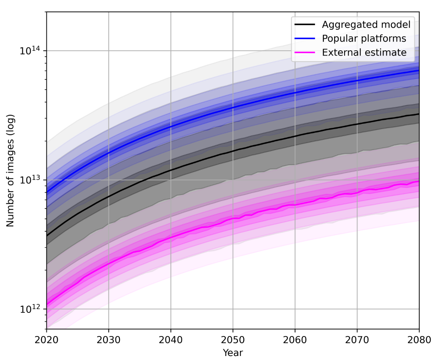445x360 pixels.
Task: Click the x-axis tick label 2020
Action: click(47, 340)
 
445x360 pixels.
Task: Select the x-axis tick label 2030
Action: click(109, 340)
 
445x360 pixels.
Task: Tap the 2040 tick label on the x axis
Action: click(171, 340)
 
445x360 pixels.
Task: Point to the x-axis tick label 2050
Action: click(233, 340)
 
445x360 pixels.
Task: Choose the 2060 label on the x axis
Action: click(295, 340)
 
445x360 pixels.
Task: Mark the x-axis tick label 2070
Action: click(357, 340)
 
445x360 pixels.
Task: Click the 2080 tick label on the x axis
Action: click(419, 340)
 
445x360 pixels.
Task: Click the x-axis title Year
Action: click(233, 352)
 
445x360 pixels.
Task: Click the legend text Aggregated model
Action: click(366, 25)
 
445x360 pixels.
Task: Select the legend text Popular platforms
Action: click(364, 39)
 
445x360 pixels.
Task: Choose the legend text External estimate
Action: click(364, 53)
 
